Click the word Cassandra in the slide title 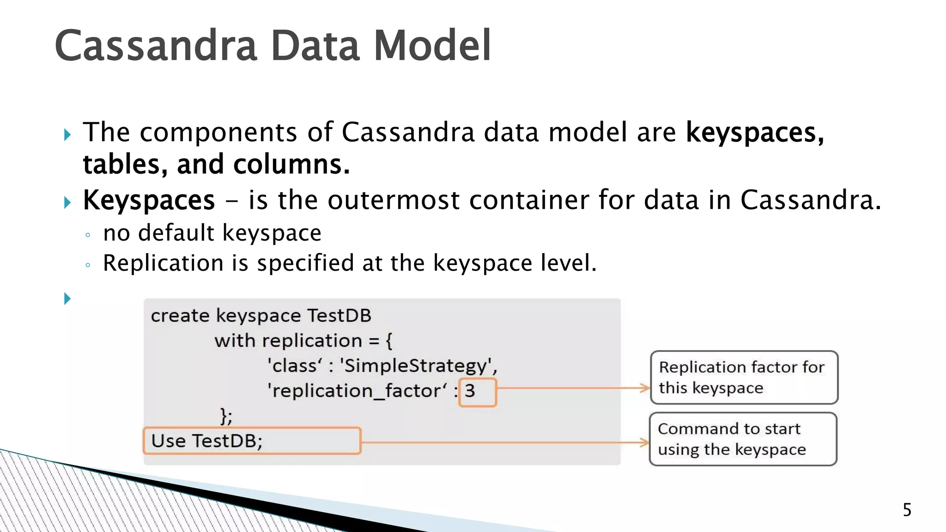(x=156, y=46)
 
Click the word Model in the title (x=432, y=46)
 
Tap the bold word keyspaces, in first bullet (x=755, y=133)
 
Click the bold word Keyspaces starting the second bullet (x=149, y=200)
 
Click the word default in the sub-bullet (x=176, y=233)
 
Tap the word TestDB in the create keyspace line (x=339, y=316)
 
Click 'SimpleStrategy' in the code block (x=418, y=366)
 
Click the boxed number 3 (x=470, y=391)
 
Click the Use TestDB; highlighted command (x=206, y=441)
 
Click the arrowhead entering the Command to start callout (x=644, y=442)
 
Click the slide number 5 (x=907, y=510)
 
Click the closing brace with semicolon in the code (x=226, y=416)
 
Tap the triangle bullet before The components (x=67, y=135)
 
